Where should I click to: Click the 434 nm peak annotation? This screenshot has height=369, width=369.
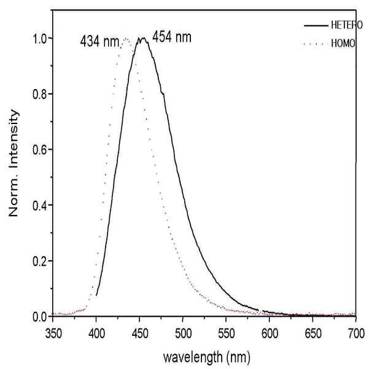tap(100, 42)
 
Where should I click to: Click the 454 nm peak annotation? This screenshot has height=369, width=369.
tap(172, 37)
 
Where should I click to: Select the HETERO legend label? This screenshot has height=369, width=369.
tap(347, 25)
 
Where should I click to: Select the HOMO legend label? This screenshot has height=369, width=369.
tap(343, 44)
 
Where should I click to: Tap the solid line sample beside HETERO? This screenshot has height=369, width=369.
tap(316, 25)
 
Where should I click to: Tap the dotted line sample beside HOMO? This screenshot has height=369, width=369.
tap(316, 44)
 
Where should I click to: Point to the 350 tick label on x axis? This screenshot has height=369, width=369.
tap(53, 333)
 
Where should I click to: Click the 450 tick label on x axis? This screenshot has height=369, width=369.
tap(139, 333)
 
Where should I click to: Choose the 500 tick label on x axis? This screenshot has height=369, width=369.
tap(183, 333)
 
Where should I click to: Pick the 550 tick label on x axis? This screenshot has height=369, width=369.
tap(226, 333)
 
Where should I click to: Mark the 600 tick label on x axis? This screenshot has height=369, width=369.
tap(270, 333)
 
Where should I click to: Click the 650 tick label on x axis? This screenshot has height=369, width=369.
tap(313, 333)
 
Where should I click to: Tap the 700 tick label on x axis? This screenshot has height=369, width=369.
tap(356, 333)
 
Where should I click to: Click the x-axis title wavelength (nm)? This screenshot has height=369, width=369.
tap(207, 357)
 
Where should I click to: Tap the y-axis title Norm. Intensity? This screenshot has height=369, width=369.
tap(14, 163)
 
